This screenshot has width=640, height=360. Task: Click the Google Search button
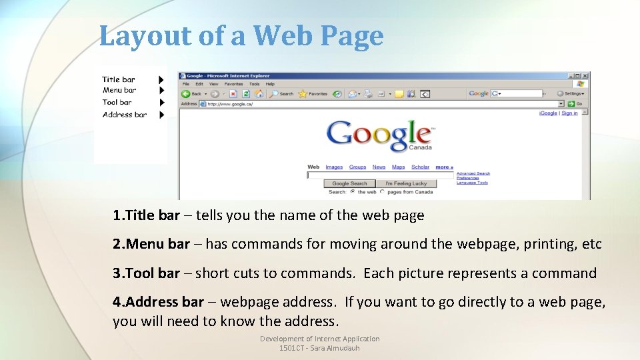[349, 183]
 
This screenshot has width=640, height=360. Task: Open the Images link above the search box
[334, 167]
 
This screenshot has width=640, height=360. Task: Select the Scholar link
[420, 167]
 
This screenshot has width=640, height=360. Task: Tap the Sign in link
[569, 113]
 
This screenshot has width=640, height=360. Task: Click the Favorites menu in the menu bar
[233, 84]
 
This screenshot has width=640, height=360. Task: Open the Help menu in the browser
[270, 84]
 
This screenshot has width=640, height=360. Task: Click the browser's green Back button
[186, 94]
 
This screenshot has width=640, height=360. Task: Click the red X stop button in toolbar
[233, 94]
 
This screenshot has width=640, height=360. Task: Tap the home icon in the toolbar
[259, 94]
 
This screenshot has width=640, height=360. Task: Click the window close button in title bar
[585, 76]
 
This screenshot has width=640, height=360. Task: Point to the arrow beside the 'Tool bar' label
[161, 103]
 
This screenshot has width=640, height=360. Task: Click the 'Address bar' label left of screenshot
[125, 115]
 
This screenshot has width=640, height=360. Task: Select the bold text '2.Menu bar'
[151, 244]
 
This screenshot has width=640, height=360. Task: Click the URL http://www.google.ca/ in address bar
[230, 104]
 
